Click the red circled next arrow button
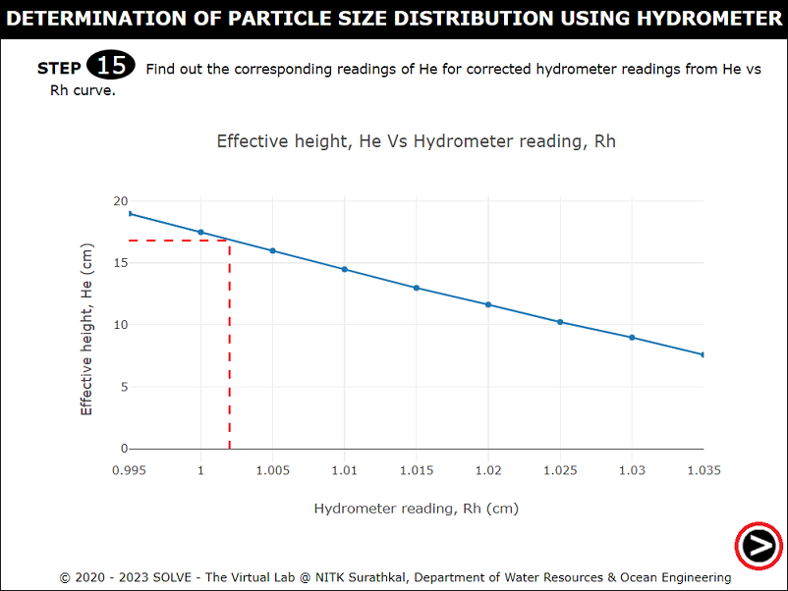[x=759, y=545]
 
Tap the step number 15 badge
[x=111, y=67]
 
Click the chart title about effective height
[x=416, y=141]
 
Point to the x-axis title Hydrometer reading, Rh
[x=416, y=509]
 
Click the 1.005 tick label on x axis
[x=272, y=470]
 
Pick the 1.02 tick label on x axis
[x=488, y=470]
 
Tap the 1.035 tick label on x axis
[x=703, y=470]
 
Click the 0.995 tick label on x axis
[x=129, y=470]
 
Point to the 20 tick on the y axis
[x=121, y=201]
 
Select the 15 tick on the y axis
[x=121, y=263]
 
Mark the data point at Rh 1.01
[x=345, y=269]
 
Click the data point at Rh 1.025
[x=560, y=322]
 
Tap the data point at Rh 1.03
[x=632, y=338]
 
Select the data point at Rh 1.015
[x=417, y=288]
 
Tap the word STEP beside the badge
[x=59, y=69]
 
